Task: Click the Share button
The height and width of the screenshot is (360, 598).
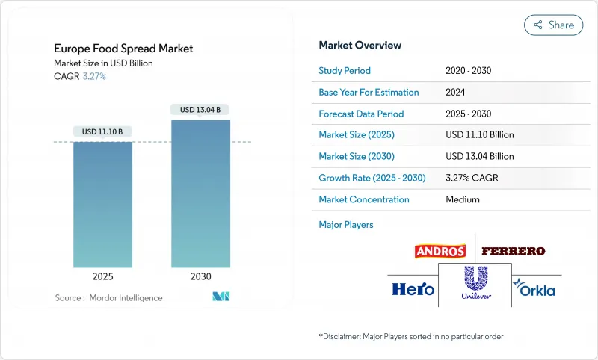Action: click(x=554, y=25)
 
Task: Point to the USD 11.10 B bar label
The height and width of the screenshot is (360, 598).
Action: click(x=102, y=131)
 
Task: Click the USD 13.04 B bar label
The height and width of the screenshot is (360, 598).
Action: click(x=200, y=110)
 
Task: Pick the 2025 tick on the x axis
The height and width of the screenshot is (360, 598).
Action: click(x=102, y=276)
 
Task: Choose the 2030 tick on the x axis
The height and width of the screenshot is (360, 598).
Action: click(x=200, y=276)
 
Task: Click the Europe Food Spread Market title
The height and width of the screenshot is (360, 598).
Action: click(x=123, y=49)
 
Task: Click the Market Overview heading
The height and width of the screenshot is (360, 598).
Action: click(x=360, y=46)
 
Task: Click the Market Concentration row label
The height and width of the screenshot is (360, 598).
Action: click(x=364, y=199)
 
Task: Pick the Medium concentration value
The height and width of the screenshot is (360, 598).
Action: click(x=462, y=199)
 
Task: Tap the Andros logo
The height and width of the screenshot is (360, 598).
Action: click(x=440, y=252)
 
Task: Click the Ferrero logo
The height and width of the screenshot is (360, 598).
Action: click(x=513, y=251)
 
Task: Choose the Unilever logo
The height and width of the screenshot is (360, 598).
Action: click(x=475, y=284)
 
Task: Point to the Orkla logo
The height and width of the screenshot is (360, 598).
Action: click(x=534, y=288)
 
